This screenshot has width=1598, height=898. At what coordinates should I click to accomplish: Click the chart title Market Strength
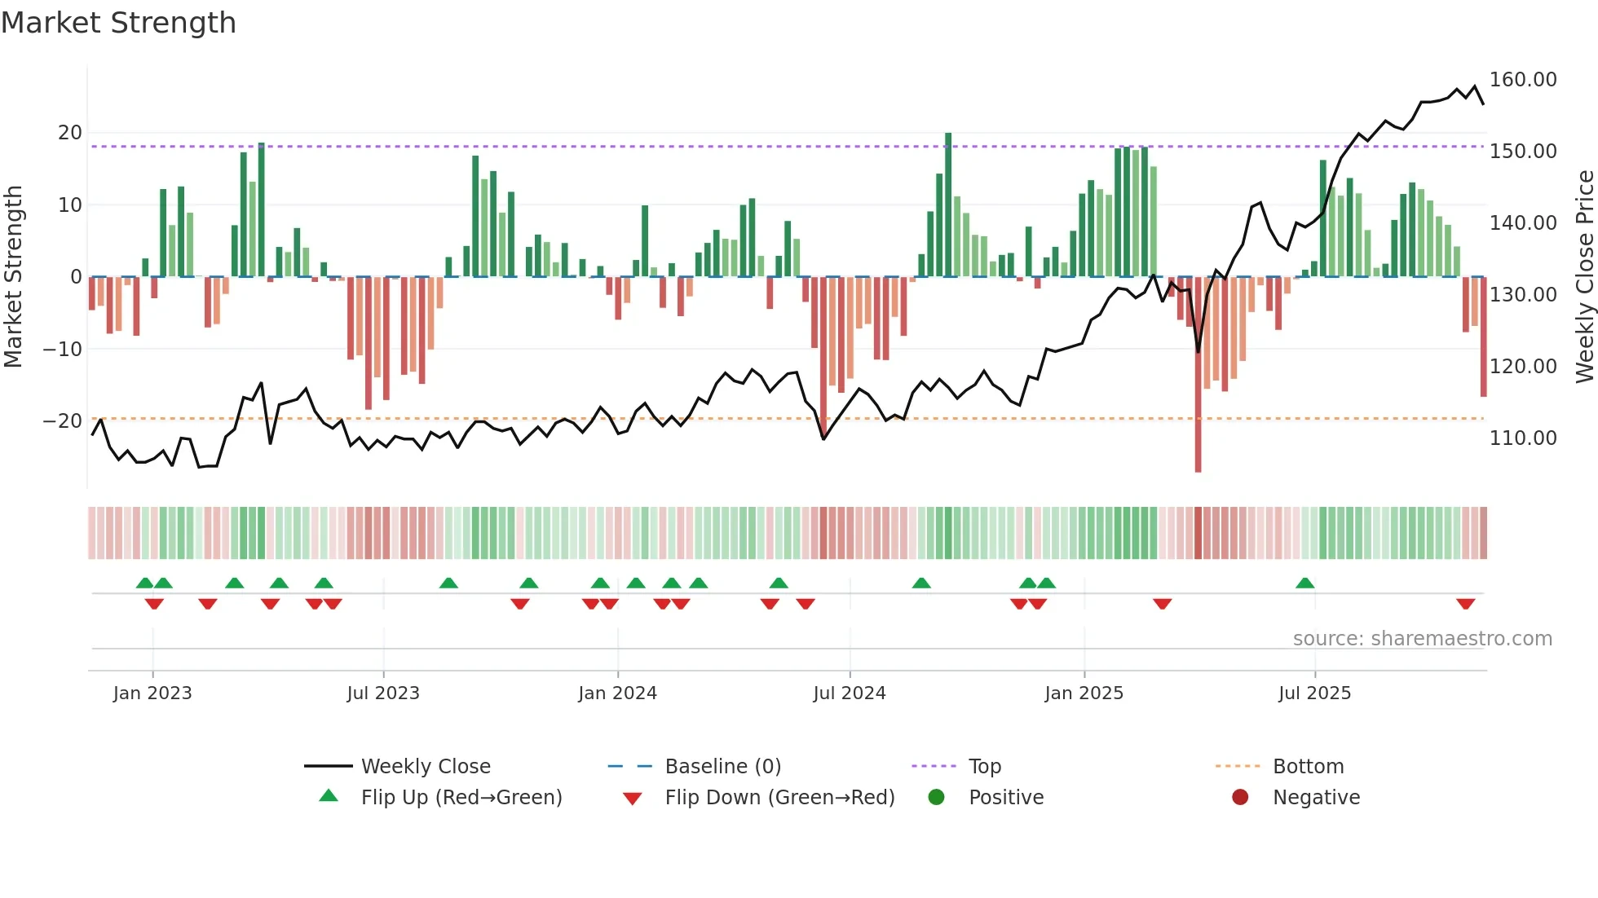click(118, 23)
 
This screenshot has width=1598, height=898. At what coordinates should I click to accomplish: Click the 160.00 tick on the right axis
click(1522, 80)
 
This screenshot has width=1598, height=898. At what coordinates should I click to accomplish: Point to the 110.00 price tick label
click(1522, 438)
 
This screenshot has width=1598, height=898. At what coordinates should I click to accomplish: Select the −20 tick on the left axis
click(63, 421)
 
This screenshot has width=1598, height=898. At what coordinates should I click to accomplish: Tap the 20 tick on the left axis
click(70, 133)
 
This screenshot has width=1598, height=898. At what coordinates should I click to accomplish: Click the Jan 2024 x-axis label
click(617, 693)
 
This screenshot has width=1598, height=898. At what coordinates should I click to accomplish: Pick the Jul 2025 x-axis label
click(1314, 693)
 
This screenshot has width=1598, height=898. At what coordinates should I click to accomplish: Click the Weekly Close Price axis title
click(1584, 277)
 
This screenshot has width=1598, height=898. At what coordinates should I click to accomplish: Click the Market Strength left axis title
click(14, 277)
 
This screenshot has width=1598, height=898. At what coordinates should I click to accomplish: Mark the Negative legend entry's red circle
click(1240, 798)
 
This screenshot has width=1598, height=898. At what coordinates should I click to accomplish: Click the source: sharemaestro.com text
click(1422, 639)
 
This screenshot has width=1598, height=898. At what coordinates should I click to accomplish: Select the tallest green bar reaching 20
click(948, 204)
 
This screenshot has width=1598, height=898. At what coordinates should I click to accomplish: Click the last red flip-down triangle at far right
click(1465, 604)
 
